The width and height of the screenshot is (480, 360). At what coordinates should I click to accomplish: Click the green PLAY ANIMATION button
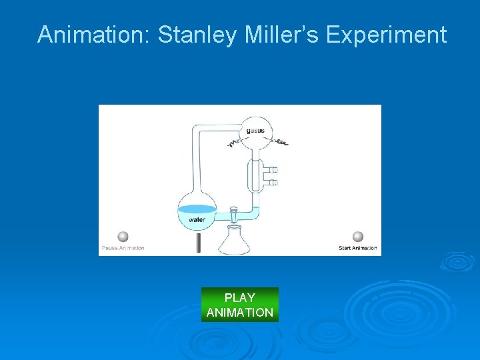tap(240, 305)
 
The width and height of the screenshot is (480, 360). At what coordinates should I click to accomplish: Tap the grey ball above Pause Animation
tap(123, 237)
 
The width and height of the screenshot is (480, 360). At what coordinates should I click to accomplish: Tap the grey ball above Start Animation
tap(358, 237)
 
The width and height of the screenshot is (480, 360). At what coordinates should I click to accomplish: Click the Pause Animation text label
tap(123, 248)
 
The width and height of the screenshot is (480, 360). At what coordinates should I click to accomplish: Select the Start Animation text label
tap(358, 248)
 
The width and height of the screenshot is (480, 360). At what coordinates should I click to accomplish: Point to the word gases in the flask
tap(255, 131)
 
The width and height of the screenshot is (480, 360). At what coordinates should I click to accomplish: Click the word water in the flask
tap(197, 218)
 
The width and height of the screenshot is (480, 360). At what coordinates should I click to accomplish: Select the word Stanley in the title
tap(197, 35)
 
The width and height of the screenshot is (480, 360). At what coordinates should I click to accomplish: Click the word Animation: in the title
tap(94, 35)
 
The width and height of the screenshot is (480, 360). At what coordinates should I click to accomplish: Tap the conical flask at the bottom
tap(235, 241)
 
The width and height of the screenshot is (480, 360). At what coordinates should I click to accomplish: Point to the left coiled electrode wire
tap(235, 141)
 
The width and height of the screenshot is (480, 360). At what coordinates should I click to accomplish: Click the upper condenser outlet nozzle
tap(271, 170)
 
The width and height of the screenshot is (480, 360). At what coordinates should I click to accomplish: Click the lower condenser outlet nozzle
tap(271, 182)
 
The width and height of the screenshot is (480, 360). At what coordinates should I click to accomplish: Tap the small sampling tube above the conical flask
tap(234, 215)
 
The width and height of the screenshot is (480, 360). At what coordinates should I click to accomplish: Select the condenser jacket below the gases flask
tap(255, 175)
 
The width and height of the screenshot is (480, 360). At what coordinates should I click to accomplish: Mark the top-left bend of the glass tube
tap(196, 129)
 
